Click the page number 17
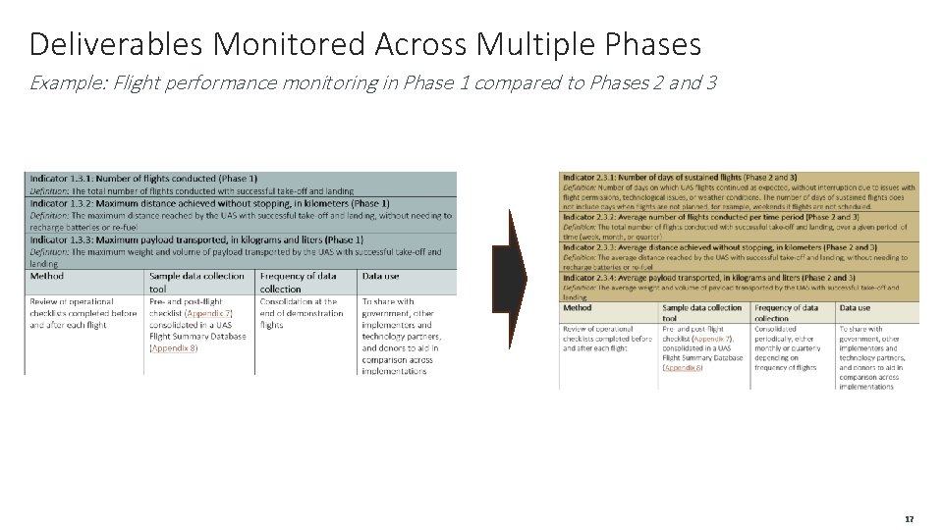[x=909, y=518]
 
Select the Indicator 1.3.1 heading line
[x=143, y=179]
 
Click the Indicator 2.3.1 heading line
[x=679, y=176]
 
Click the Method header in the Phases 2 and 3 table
[x=578, y=308]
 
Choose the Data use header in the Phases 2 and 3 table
[x=855, y=308]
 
